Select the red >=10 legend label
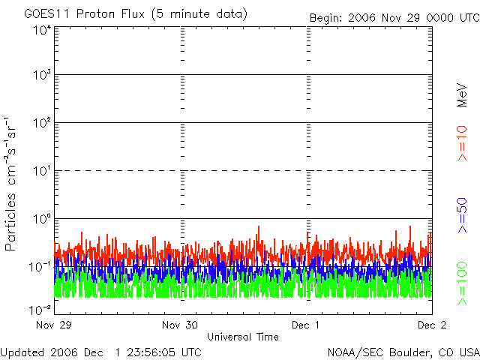tap(462, 143)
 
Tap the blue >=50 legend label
tap(462, 215)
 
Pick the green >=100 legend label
tap(462, 283)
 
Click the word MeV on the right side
tap(462, 95)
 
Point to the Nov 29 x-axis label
tap(53, 325)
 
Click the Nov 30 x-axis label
tap(180, 325)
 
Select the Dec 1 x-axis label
tap(305, 325)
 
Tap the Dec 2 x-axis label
tap(432, 325)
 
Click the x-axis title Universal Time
tap(243, 337)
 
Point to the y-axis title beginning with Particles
tap(10, 184)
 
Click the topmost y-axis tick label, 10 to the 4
tap(42, 31)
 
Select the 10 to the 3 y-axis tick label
tap(42, 75)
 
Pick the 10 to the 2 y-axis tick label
tap(42, 123)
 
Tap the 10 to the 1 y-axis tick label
tap(42, 171)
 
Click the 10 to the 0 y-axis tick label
tap(42, 219)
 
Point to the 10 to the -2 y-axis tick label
tap(40, 310)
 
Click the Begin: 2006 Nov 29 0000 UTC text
tap(394, 18)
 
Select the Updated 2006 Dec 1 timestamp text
tap(100, 352)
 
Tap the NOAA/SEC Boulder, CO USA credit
tap(403, 352)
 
